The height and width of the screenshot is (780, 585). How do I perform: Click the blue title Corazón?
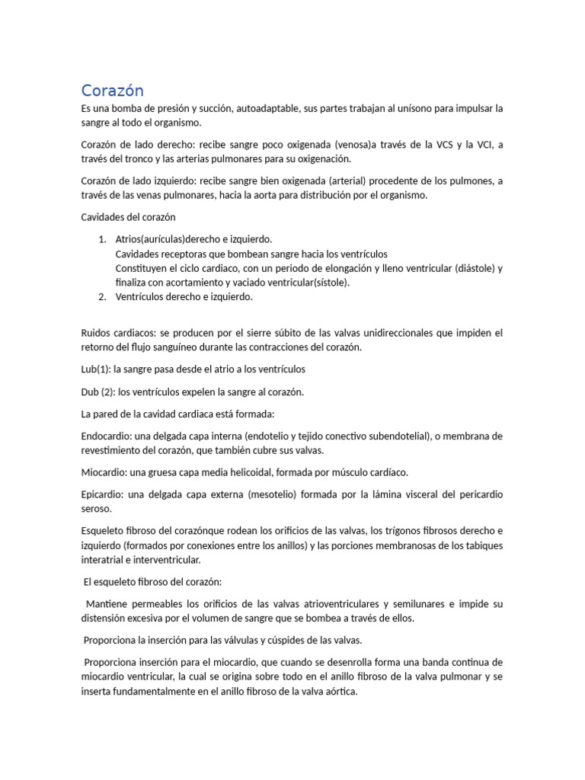click(x=112, y=91)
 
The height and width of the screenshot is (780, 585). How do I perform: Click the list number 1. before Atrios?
click(x=102, y=239)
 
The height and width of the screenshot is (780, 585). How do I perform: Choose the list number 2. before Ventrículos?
click(x=102, y=297)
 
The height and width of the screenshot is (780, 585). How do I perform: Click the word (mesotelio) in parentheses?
click(x=270, y=494)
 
